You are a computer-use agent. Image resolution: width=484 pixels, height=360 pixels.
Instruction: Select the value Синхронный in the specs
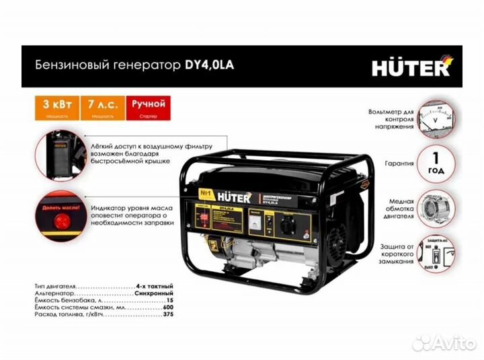point(154,294)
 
